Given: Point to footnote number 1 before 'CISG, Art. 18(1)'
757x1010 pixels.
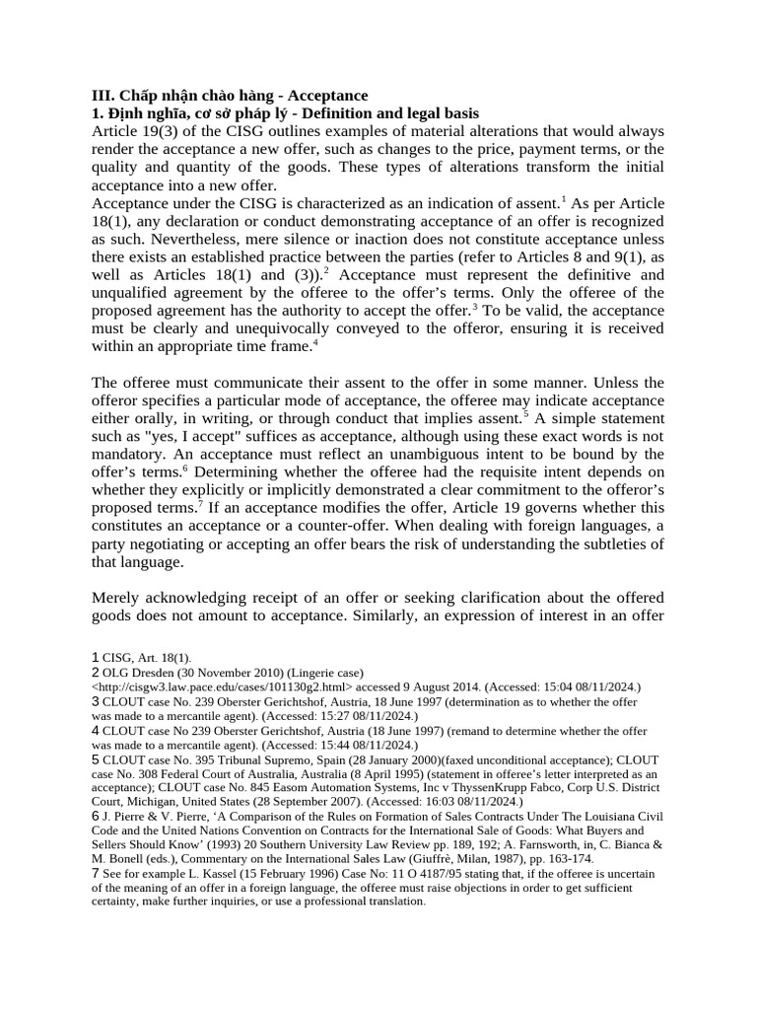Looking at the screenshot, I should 95,657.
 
